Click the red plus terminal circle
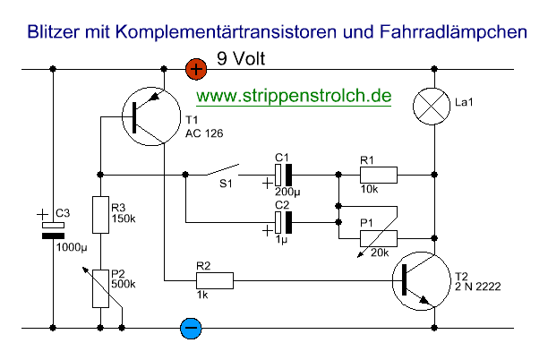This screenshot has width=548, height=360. point(194,67)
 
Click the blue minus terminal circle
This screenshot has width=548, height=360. point(190,328)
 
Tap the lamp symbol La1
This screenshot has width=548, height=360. point(433,105)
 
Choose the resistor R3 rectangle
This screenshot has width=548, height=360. point(100,210)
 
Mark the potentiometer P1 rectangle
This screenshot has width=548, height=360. point(377,239)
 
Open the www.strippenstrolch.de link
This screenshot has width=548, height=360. point(295,96)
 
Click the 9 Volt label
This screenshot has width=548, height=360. point(242,61)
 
